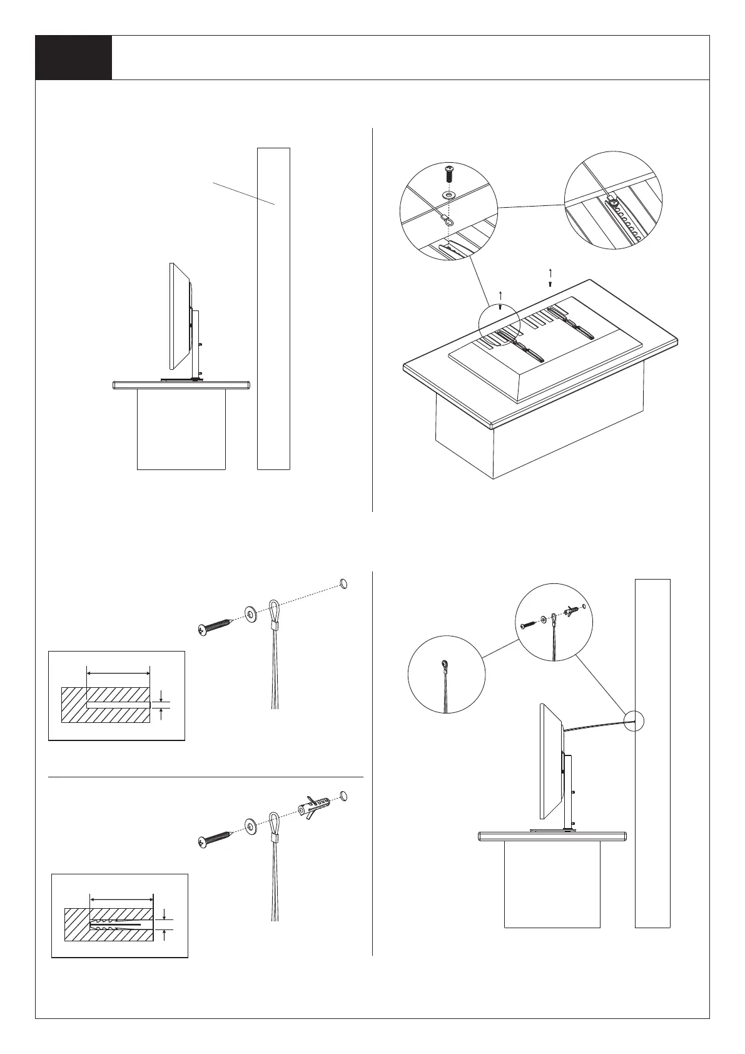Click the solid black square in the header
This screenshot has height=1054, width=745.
[73, 58]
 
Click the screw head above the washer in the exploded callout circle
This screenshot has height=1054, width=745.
[449, 170]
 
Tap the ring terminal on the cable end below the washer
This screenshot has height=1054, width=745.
[446, 219]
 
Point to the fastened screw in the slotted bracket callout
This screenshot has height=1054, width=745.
[614, 202]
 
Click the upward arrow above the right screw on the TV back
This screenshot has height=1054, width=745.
[550, 272]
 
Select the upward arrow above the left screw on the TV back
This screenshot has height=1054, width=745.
[500, 294]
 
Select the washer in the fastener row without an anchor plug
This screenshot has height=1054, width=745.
[251, 614]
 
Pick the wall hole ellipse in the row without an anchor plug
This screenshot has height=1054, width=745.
[343, 583]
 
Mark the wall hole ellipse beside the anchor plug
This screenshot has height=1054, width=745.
[343, 796]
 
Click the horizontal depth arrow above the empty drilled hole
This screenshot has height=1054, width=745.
[118, 673]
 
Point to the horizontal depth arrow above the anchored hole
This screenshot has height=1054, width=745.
[121, 899]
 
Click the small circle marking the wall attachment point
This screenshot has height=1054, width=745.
[634, 720]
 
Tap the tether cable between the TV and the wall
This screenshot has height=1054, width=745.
[597, 725]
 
